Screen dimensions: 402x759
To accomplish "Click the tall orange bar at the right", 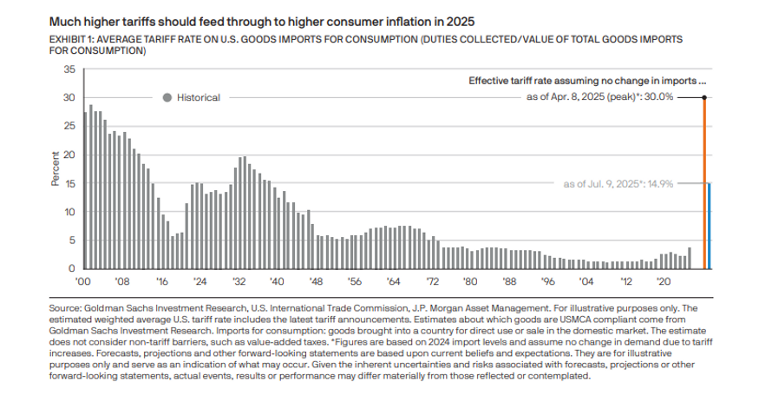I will point(704,182).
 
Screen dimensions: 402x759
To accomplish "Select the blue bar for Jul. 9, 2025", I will point(710,226).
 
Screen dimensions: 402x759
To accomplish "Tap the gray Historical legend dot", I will point(167,97).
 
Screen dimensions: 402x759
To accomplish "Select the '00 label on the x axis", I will point(84,281).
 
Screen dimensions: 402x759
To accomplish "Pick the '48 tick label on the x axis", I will point(316,281).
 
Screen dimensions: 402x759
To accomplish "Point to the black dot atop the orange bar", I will point(704,97).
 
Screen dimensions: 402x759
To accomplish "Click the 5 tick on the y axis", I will point(72,241).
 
